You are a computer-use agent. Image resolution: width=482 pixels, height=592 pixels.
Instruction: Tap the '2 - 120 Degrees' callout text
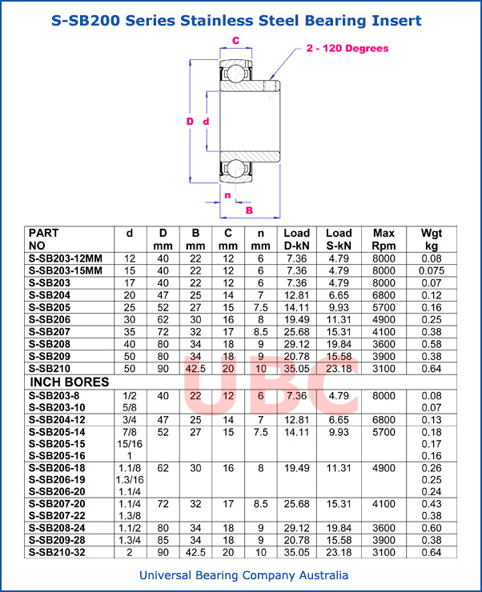click(347, 49)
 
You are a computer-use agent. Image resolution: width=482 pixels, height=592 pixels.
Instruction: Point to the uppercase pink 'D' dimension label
click(190, 122)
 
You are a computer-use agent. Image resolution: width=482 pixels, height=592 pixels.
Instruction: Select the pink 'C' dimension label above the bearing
click(235, 40)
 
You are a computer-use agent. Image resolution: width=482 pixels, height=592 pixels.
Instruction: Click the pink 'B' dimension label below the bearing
click(249, 210)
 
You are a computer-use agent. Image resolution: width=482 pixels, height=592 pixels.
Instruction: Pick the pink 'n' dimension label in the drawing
click(227, 195)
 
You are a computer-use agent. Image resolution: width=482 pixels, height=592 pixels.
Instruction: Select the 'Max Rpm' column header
click(384, 239)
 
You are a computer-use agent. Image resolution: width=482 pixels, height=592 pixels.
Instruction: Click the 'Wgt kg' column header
click(432, 239)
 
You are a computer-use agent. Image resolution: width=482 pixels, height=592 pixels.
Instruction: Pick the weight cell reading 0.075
click(432, 270)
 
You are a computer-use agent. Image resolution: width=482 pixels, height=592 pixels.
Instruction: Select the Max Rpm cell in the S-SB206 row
click(384, 319)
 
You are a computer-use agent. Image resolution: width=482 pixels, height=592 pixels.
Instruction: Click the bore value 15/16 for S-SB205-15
click(130, 443)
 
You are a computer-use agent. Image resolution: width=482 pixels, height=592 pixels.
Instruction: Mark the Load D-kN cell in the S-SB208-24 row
click(296, 528)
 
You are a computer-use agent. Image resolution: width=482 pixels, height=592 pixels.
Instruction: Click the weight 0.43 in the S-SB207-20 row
click(432, 503)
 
